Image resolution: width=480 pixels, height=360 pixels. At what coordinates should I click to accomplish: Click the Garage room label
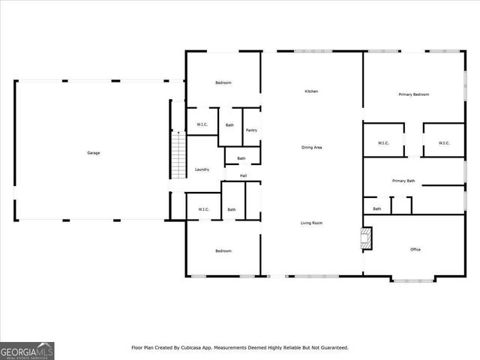coord(93,153)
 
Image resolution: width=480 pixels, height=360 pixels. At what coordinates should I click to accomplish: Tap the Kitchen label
coord(310,91)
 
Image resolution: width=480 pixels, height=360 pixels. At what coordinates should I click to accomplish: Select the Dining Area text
coord(312,148)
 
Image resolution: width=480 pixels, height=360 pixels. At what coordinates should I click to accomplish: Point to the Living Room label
coord(312,223)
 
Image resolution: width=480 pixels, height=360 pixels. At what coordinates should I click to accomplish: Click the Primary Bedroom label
coord(413,94)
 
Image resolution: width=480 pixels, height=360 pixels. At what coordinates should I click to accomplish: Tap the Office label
coord(415,249)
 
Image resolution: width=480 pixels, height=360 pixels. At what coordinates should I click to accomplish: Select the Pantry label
coord(251,130)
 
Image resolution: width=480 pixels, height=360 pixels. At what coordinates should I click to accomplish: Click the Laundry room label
coord(202,169)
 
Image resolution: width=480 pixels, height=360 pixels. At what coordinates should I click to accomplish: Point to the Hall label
coord(243,176)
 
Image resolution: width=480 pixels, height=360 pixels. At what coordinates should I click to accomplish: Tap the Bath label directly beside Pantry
coord(229,125)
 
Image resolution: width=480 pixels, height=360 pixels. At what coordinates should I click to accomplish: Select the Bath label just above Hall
coord(241,158)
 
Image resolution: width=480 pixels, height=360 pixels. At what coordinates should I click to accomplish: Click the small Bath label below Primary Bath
coord(376,208)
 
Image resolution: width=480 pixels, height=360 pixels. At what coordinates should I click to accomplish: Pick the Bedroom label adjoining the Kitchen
coord(223,82)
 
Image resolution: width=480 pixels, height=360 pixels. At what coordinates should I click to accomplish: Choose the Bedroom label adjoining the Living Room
coord(223,250)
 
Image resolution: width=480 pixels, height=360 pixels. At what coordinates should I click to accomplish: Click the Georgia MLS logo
coord(27,350)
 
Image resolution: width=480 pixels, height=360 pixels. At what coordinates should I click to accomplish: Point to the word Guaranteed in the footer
coord(331,347)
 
